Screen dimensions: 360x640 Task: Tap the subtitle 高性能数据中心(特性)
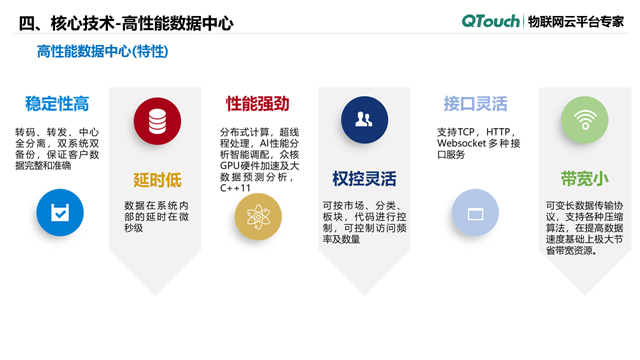[x=101, y=51]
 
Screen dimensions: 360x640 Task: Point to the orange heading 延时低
[x=157, y=180]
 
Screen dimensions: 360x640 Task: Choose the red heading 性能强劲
[x=257, y=103]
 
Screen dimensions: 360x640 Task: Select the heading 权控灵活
[x=364, y=180]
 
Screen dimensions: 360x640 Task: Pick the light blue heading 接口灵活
[x=475, y=103]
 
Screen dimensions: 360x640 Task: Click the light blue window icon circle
[x=475, y=212]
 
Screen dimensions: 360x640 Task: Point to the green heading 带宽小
[x=584, y=179]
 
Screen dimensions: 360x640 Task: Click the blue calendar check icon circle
[x=59, y=212]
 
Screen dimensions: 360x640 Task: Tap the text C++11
[x=236, y=187]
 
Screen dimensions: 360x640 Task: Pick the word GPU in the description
[x=233, y=165]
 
